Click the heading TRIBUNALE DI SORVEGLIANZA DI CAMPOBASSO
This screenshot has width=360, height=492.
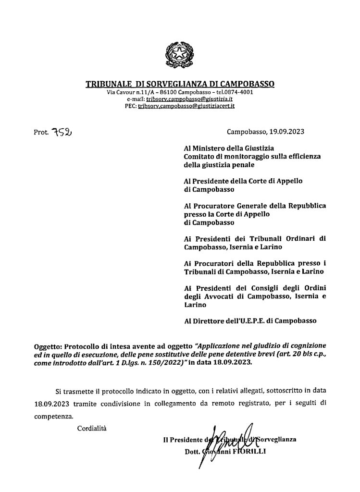pyautogui.click(x=180, y=84)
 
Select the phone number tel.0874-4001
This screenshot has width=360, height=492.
pyautogui.click(x=236, y=91)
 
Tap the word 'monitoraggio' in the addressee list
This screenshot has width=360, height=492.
pyautogui.click(x=245, y=157)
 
